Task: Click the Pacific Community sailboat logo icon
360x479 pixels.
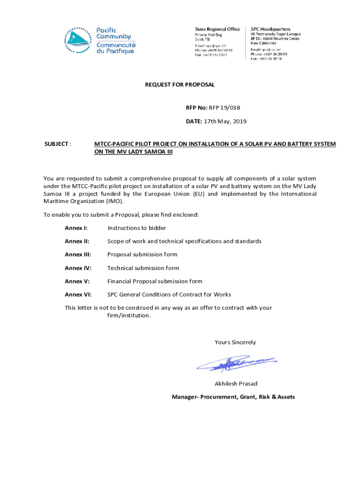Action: tap(78, 40)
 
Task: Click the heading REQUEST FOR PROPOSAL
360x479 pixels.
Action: tap(180, 85)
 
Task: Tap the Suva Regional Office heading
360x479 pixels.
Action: tap(217, 29)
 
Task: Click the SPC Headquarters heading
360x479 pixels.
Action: tap(271, 29)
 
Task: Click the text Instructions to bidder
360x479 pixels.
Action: tap(137, 228)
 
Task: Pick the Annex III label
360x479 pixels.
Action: tap(78, 254)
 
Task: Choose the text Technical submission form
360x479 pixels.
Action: tap(143, 268)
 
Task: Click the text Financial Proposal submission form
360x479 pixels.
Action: tap(155, 281)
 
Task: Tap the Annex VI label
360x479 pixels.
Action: tap(78, 295)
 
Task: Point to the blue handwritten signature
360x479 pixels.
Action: tap(236, 363)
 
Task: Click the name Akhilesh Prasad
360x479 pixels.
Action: tap(236, 384)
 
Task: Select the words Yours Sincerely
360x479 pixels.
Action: tap(235, 342)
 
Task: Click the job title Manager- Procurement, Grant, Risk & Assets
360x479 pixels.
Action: tap(233, 397)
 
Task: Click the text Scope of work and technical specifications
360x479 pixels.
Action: tap(184, 241)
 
